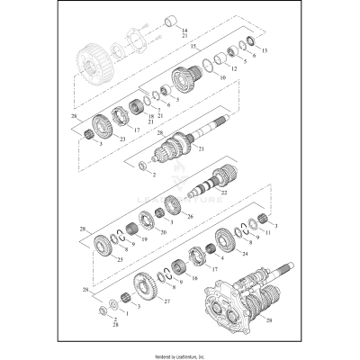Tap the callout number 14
pyautogui.click(x=184, y=31)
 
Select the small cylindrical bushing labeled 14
pyautogui.click(x=168, y=21)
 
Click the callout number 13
pyautogui.click(x=265, y=51)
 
